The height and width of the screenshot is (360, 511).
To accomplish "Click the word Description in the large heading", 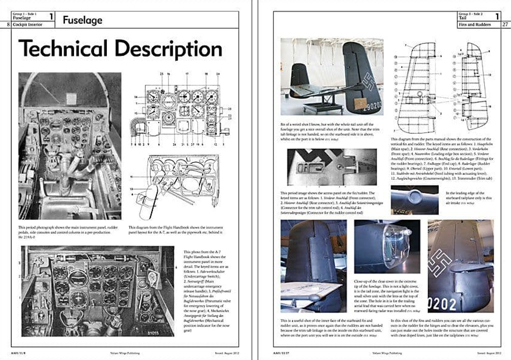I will point(168,49).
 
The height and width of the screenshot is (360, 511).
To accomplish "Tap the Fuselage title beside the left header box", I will point(83,20).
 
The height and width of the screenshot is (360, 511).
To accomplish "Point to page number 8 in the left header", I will point(9,24).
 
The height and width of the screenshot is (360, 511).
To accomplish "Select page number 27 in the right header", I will point(505,24).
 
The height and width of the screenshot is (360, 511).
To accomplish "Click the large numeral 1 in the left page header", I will point(51,16).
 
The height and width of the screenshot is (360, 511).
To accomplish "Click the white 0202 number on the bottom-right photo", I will point(442,304).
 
